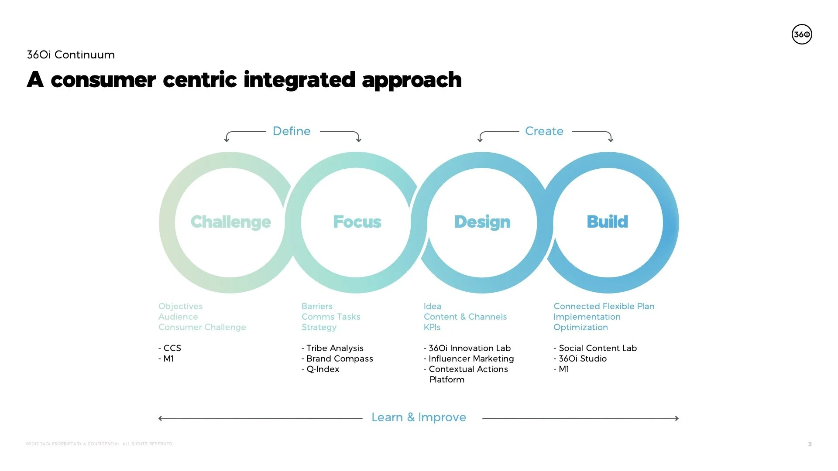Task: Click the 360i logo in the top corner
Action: click(802, 34)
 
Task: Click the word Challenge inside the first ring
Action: click(230, 222)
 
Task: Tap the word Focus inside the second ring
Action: click(357, 222)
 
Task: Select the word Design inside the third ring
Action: click(482, 222)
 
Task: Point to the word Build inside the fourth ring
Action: click(607, 222)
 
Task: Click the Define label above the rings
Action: click(292, 131)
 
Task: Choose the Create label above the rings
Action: click(544, 131)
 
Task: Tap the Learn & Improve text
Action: click(419, 417)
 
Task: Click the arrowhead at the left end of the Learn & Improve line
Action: click(160, 418)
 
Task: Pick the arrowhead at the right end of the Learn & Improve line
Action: click(677, 418)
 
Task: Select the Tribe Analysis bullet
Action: click(334, 348)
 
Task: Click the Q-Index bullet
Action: click(323, 369)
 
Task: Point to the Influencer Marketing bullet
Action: click(471, 358)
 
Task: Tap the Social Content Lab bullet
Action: click(598, 348)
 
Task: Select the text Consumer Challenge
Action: click(202, 327)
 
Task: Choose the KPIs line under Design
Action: click(432, 327)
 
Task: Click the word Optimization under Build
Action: click(580, 327)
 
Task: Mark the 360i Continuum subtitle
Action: click(71, 55)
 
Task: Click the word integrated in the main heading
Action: click(299, 80)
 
